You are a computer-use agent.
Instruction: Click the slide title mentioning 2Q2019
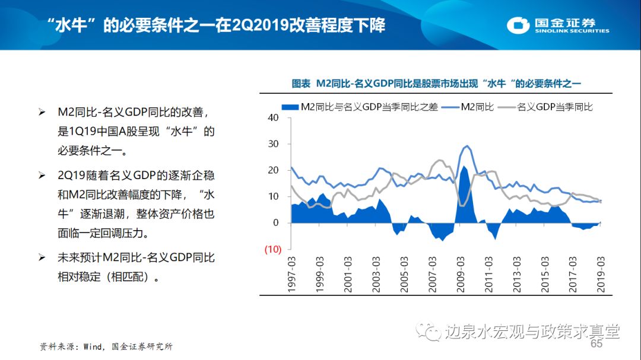pyautogui.click(x=216, y=25)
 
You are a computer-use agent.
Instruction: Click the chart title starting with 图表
pyautogui.click(x=436, y=84)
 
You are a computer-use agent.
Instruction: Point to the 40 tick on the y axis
pyautogui.click(x=273, y=117)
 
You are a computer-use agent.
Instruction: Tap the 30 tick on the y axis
pyautogui.click(x=273, y=144)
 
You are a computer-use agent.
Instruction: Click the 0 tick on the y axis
pyautogui.click(x=276, y=223)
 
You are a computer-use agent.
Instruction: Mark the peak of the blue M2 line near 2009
pyautogui.click(x=467, y=145)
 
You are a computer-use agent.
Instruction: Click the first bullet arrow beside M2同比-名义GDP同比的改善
pyautogui.click(x=42, y=112)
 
